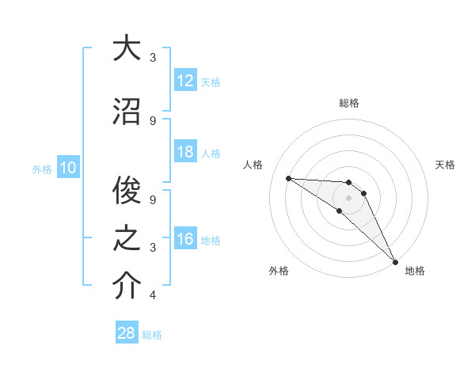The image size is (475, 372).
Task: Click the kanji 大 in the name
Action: (x=127, y=48)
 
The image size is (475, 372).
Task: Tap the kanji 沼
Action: (x=127, y=111)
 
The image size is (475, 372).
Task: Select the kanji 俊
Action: (x=127, y=190)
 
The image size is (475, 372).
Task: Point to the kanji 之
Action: (x=127, y=238)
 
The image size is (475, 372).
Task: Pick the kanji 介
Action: (x=127, y=287)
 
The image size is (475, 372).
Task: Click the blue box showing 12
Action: (x=184, y=82)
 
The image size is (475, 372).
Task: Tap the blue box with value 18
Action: (x=184, y=153)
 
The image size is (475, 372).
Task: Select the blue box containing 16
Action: (x=184, y=240)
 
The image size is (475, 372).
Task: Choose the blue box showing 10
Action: (x=67, y=168)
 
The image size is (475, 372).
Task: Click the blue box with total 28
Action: (x=127, y=333)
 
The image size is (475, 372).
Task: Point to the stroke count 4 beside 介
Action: (x=153, y=296)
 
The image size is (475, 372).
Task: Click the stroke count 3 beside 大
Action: (x=153, y=58)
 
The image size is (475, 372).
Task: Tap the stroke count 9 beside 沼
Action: (x=153, y=120)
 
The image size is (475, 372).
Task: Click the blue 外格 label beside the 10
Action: (x=42, y=169)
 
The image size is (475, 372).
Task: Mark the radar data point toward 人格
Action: (x=288, y=178)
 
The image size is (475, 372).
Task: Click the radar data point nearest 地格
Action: (x=394, y=261)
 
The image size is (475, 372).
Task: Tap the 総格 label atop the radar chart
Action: (x=348, y=103)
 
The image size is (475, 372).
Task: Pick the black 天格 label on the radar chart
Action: (x=446, y=165)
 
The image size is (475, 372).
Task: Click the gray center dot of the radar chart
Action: (x=348, y=197)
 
